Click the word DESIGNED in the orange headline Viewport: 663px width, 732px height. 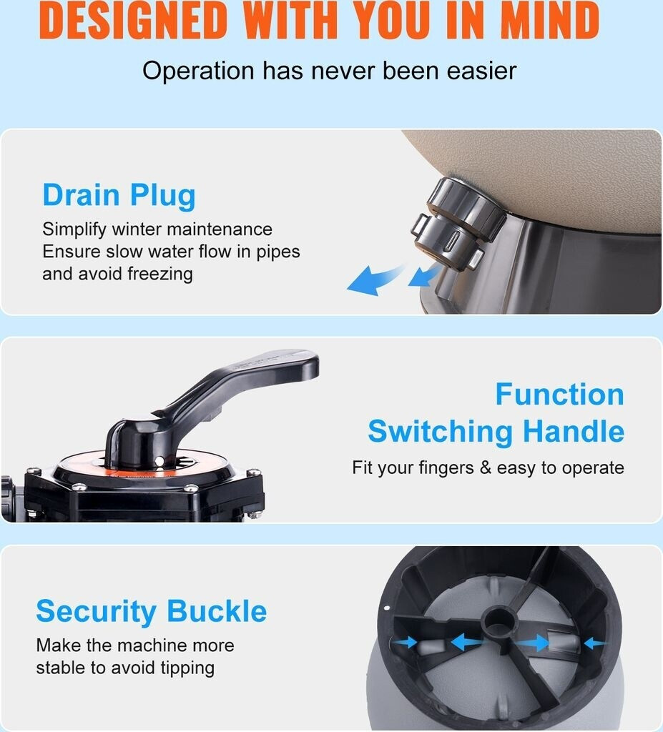click(x=133, y=20)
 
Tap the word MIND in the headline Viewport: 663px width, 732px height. click(x=550, y=20)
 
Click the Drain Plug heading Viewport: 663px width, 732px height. click(x=119, y=195)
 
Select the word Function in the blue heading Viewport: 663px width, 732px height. click(x=560, y=395)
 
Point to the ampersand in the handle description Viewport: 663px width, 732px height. click(x=486, y=468)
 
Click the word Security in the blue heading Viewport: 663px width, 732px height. click(x=97, y=612)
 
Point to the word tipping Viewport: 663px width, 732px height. click(x=187, y=668)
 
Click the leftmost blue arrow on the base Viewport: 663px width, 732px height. click(x=405, y=643)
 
